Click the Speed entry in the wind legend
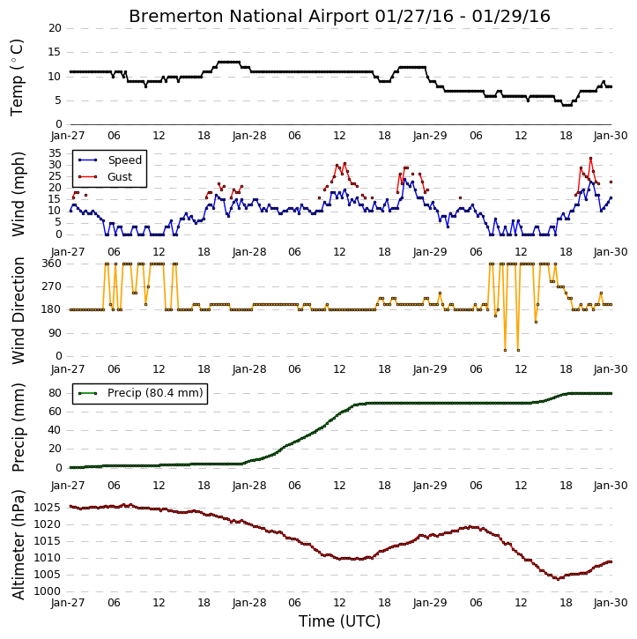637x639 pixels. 110,160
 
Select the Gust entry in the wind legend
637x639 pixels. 106,176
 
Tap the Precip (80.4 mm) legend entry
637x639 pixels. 140,393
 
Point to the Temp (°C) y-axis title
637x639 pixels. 17,78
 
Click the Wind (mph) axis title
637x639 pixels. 19,194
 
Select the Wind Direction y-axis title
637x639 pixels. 19,310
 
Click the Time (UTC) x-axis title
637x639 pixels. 339,621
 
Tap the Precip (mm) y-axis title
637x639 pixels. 19,427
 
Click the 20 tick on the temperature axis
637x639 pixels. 55,28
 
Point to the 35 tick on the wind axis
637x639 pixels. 55,153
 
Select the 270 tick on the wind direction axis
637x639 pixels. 52,286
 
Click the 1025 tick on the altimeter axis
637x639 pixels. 48,508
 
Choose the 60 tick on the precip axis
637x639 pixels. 55,412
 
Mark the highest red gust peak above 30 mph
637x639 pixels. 590,158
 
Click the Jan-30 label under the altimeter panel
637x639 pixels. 610,602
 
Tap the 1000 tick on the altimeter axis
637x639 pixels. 48,591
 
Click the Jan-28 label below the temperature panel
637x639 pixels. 249,136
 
